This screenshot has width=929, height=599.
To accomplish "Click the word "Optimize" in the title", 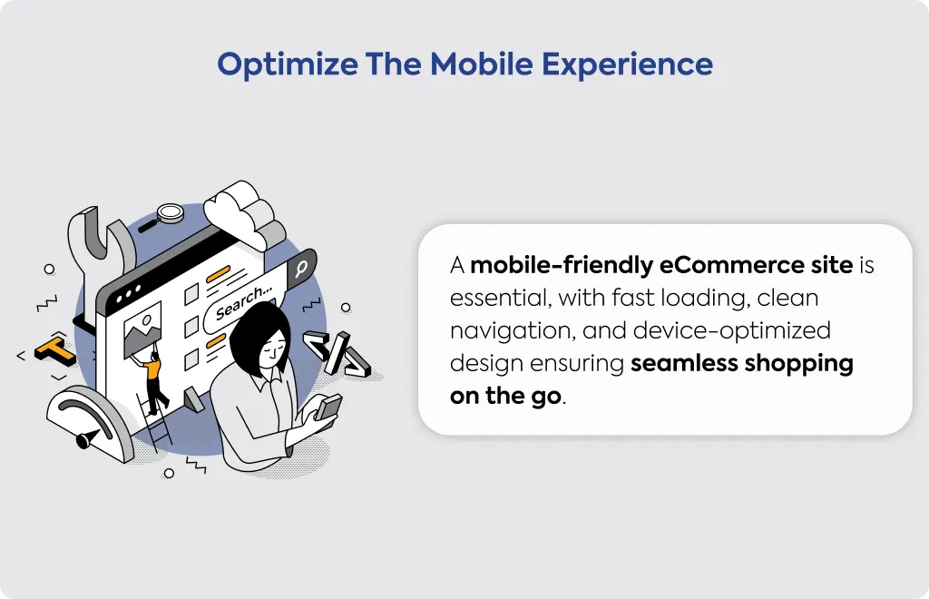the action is pos(288,65).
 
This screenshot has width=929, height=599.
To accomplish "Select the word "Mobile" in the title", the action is pos(481,64).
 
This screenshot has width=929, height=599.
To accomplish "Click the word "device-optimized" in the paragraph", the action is pos(732,331).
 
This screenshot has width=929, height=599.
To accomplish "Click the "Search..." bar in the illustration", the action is pos(244,302).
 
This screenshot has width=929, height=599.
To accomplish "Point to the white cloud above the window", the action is pos(243,213).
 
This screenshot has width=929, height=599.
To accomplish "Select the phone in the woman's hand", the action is pos(328,408).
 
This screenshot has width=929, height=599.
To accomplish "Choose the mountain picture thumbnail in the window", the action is pos(142,330).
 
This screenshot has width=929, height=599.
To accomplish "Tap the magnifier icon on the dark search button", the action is pos(301,268).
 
